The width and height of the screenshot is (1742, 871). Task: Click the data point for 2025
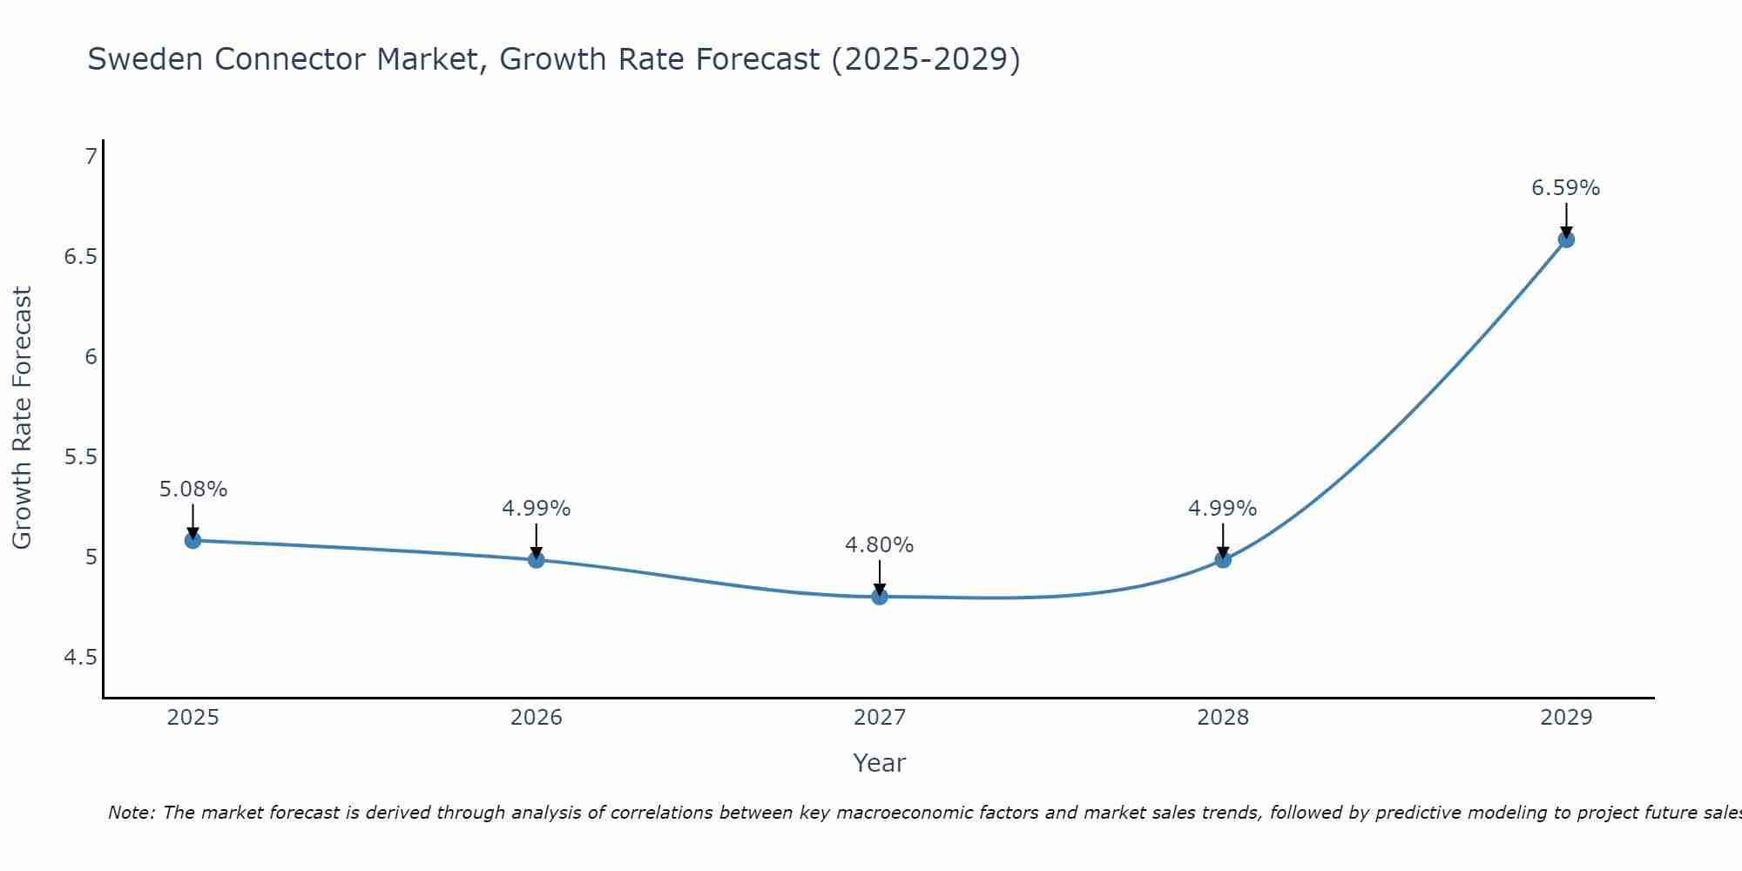pos(192,541)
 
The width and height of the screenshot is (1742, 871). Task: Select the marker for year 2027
pos(880,597)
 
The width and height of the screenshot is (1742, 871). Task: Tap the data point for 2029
pos(1566,240)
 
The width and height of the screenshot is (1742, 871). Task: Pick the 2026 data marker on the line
pos(537,559)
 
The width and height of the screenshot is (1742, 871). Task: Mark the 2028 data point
pos(1223,559)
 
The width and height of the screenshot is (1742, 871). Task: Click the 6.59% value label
pos(1565,188)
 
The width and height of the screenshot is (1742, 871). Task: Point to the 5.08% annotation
pos(192,490)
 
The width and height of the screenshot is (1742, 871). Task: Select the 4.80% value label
pos(879,545)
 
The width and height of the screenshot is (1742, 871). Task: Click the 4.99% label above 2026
pos(536,509)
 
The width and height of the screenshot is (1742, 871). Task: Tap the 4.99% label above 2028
pos(1222,509)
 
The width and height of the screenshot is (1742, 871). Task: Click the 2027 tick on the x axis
pos(880,718)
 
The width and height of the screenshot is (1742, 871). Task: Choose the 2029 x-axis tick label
pos(1566,718)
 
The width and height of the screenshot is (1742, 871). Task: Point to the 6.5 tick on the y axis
pos(80,257)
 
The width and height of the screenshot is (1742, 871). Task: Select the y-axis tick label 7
pos(91,157)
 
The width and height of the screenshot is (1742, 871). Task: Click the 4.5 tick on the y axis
pos(80,658)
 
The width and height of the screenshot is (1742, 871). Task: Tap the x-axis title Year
pos(880,763)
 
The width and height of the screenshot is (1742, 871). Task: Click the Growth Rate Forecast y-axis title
pos(22,418)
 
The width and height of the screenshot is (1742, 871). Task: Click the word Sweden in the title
pos(146,59)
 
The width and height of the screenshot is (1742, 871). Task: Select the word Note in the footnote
pos(130,813)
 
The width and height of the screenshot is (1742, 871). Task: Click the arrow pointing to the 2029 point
pos(1566,219)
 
